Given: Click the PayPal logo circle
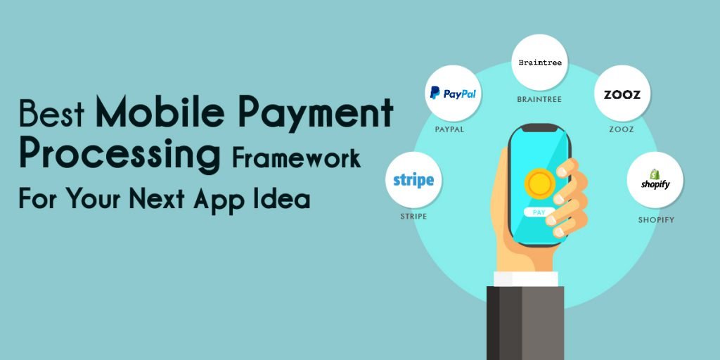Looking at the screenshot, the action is click(453, 94).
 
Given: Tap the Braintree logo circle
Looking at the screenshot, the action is click(539, 63).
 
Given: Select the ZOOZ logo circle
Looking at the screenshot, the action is click(622, 94).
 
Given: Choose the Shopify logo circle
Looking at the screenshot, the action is click(655, 180).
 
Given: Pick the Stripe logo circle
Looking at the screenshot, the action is click(413, 180).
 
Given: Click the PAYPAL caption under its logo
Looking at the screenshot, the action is click(449, 129).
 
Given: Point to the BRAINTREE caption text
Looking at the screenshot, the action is click(539, 99).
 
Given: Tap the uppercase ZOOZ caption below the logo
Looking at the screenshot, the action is click(622, 129).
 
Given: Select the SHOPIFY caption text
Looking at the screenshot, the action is click(656, 220).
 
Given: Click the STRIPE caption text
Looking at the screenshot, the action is click(413, 217).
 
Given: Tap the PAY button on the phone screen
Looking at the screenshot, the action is click(539, 212).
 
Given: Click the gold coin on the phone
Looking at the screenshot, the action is click(540, 184).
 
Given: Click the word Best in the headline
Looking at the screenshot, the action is click(51, 113).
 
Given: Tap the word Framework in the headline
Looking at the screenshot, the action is click(296, 158).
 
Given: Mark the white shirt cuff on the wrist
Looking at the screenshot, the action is click(526, 278).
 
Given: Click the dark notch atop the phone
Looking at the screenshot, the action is click(539, 128).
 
